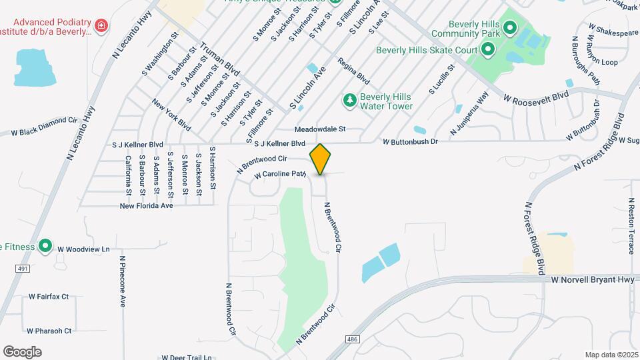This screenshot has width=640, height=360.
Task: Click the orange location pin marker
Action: [x=321, y=159]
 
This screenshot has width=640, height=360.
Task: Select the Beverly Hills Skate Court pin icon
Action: [x=487, y=49]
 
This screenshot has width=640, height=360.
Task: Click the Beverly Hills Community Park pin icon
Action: [x=510, y=27]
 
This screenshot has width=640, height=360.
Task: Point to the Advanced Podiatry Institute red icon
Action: [x=101, y=26]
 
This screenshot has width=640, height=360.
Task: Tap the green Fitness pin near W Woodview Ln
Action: [x=45, y=247]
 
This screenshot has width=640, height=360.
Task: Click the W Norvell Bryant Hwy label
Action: [x=593, y=281]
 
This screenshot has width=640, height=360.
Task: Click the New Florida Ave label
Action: [x=146, y=206]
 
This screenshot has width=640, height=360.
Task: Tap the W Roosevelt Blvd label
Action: [x=536, y=97]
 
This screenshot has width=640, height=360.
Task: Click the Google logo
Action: [x=22, y=352]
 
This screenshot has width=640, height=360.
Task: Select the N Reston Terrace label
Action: [x=631, y=225]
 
